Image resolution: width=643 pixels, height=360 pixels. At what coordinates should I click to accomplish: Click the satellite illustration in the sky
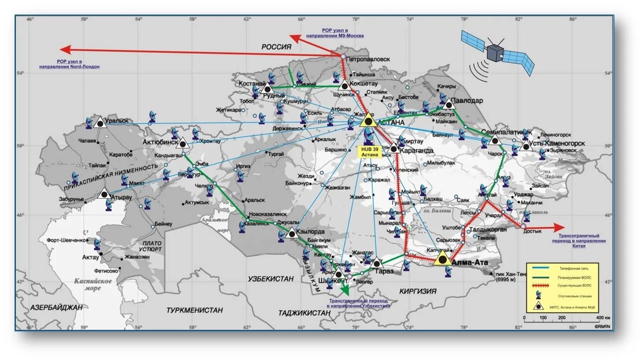coord(497,51)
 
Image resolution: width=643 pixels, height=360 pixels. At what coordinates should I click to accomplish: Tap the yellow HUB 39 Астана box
coord(370,152)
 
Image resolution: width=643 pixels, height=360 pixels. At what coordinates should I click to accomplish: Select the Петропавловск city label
coord(367,59)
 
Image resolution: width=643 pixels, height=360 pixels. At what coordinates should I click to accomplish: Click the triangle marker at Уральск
coord(100,123)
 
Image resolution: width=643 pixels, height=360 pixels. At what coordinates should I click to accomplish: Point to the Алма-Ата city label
coord(470,263)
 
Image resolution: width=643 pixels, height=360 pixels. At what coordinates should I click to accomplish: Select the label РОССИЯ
coord(276,47)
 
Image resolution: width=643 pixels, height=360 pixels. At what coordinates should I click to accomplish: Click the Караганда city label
coord(416,151)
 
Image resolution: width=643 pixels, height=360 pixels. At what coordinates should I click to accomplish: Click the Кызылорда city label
coord(310,231)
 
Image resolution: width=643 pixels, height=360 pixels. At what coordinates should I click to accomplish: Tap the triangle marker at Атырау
coord(104,194)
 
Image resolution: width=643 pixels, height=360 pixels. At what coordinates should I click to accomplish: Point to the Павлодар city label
coord(467,100)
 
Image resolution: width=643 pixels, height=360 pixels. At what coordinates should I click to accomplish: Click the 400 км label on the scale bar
coord(603,318)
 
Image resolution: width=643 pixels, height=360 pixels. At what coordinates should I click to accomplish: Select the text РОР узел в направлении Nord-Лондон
coord(69,64)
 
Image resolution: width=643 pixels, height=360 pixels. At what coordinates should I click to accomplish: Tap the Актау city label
coord(91,257)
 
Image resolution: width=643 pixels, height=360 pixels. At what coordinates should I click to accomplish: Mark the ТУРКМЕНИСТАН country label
coord(194,310)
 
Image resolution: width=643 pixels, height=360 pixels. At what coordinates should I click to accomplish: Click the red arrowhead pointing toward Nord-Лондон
coord(65,49)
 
